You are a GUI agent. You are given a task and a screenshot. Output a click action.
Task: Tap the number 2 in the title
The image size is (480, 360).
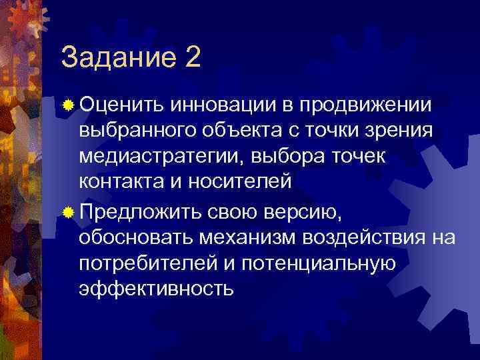(x=193, y=57)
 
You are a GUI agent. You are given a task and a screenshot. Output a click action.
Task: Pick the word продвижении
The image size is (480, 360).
(x=365, y=105)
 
